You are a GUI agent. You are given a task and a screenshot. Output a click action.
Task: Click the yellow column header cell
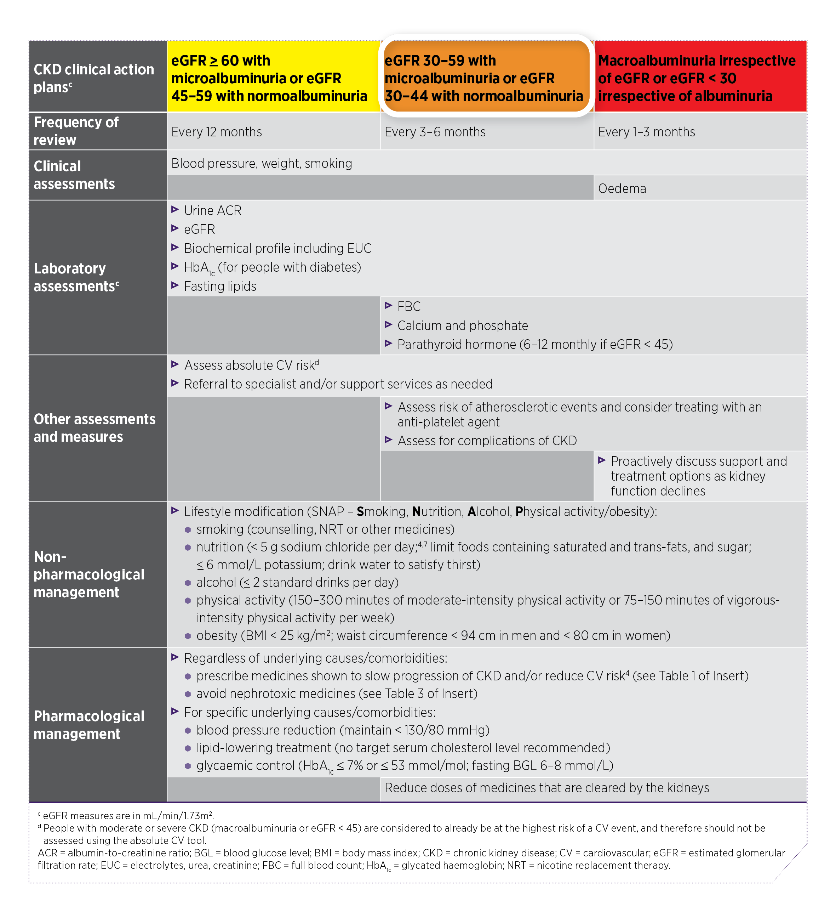273,77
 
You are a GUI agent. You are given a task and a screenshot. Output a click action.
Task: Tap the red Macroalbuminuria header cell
700,77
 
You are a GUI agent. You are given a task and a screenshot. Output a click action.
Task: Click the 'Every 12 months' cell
217,132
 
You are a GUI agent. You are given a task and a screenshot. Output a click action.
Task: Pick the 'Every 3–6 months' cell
435,132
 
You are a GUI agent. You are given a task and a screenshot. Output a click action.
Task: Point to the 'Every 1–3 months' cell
646,132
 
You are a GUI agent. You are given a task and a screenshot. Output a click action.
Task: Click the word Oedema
622,189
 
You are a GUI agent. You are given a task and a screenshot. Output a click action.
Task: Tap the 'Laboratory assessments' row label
76,277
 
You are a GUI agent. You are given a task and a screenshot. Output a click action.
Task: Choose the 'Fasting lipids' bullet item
220,287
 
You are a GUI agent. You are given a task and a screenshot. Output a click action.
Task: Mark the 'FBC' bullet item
408,307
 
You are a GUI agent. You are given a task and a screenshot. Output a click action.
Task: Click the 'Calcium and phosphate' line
462,326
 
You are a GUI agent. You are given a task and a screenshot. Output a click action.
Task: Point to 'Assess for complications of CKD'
487,441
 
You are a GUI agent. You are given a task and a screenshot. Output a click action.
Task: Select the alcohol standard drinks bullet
297,583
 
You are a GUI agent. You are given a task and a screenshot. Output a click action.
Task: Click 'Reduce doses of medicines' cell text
546,788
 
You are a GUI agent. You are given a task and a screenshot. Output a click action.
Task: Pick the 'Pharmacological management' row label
89,725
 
